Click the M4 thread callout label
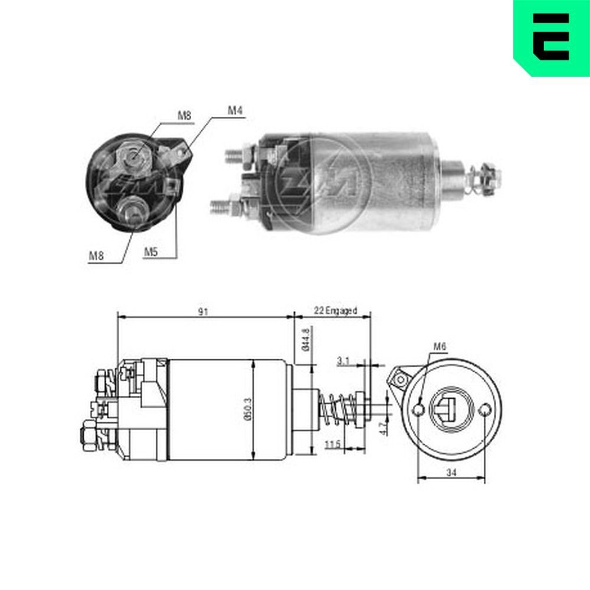236,110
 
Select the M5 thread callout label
151,252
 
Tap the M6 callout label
439,347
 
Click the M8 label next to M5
97,255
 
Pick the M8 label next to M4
185,116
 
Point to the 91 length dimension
204,312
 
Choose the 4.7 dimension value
382,428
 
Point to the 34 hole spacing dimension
451,473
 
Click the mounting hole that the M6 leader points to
418,409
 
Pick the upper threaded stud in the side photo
236,156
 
